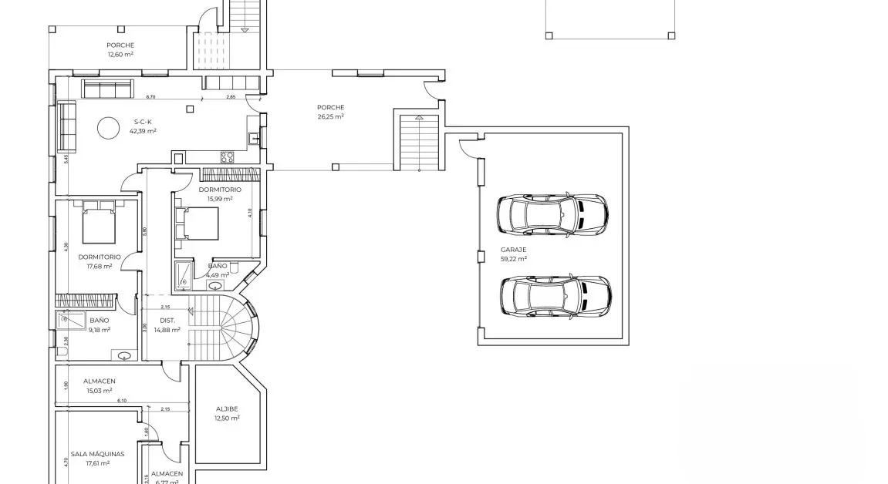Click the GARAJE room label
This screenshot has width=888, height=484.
513,250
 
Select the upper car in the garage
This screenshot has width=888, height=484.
551,213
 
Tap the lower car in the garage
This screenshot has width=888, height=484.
555,297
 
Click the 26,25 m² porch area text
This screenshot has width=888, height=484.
330,116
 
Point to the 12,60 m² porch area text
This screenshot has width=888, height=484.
120,54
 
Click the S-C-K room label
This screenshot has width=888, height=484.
143,122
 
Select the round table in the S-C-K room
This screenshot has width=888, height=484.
108,128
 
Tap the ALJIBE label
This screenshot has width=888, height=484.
227,408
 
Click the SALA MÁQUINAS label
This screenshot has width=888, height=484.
97,454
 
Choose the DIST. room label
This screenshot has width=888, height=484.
167,320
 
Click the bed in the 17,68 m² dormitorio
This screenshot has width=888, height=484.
99,222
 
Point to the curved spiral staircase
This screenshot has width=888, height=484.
235,330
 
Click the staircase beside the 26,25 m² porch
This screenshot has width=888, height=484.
419,143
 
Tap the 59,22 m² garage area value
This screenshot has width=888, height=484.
513,259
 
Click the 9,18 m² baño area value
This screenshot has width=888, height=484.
99,329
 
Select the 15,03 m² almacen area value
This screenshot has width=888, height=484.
99,390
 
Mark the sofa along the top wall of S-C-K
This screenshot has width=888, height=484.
108,89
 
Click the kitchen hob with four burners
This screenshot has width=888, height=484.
228,157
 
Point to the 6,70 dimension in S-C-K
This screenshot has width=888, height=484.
150,97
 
